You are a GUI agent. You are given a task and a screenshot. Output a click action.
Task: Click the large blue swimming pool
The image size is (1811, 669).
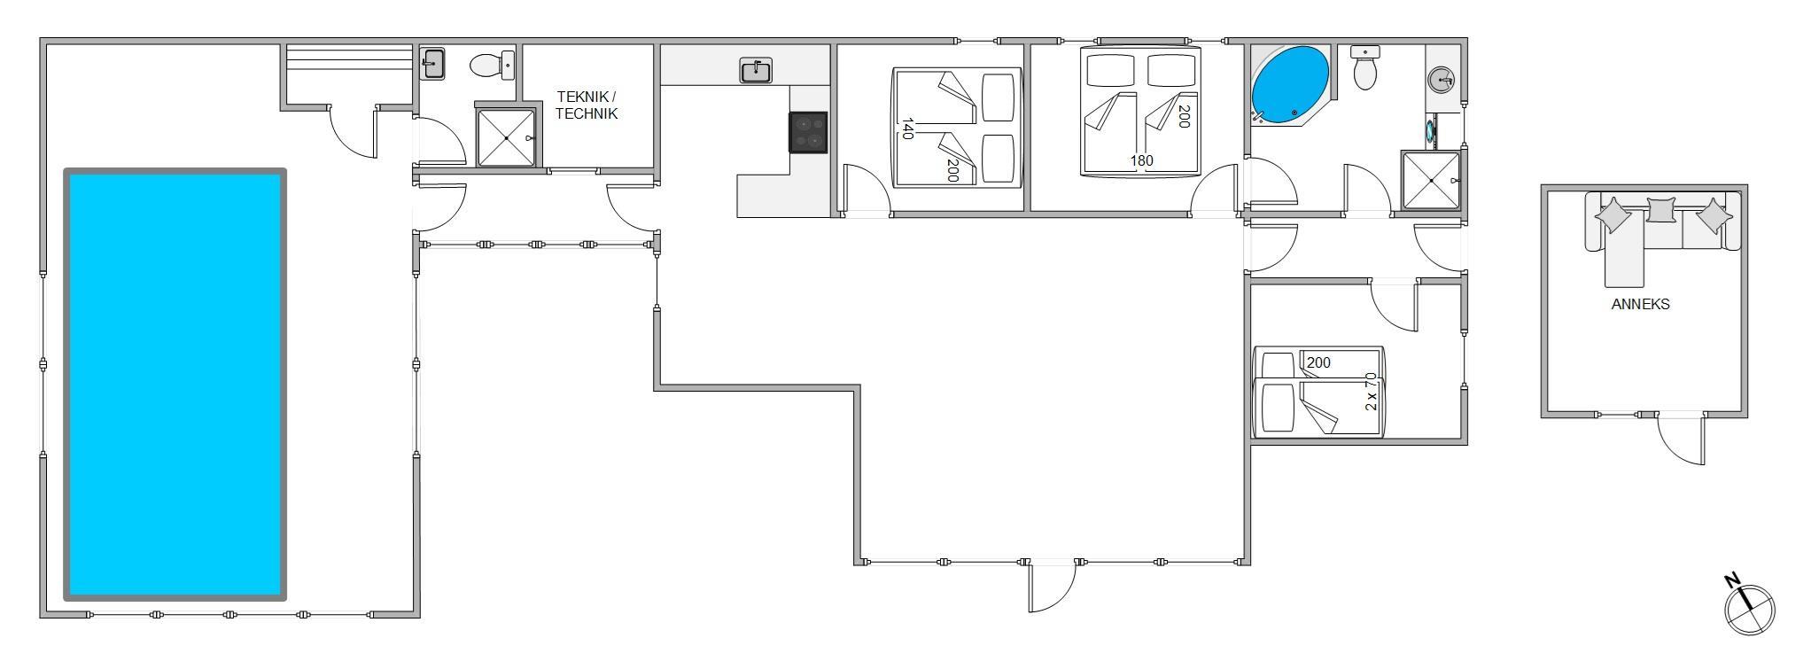pyautogui.click(x=175, y=385)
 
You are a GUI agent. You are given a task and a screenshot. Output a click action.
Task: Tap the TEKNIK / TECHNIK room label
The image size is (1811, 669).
pyautogui.click(x=587, y=105)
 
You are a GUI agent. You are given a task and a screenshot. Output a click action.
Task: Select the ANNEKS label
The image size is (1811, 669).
pyautogui.click(x=1640, y=304)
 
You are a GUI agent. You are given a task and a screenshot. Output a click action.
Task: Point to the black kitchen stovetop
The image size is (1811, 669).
pyautogui.click(x=808, y=132)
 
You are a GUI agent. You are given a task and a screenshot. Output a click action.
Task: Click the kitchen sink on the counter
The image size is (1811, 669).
pyautogui.click(x=756, y=71)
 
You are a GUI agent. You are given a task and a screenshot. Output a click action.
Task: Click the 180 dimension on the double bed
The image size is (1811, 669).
pyautogui.click(x=1141, y=161)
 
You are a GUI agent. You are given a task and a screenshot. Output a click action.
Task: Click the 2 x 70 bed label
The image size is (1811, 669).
pyautogui.click(x=1372, y=391)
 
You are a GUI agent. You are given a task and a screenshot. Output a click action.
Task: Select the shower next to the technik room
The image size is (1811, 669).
pyautogui.click(x=506, y=137)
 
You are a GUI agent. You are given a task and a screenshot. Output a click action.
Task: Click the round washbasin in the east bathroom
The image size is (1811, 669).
pyautogui.click(x=1442, y=81)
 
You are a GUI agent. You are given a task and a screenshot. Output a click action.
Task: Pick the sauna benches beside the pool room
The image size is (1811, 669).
pyautogui.click(x=349, y=66)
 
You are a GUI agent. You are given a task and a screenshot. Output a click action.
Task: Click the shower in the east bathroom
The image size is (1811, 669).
pyautogui.click(x=1431, y=181)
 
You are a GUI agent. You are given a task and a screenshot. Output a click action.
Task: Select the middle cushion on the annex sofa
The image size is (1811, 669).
pyautogui.click(x=1661, y=210)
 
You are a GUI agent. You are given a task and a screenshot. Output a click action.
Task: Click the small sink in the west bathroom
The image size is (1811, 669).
pyautogui.click(x=433, y=64)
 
